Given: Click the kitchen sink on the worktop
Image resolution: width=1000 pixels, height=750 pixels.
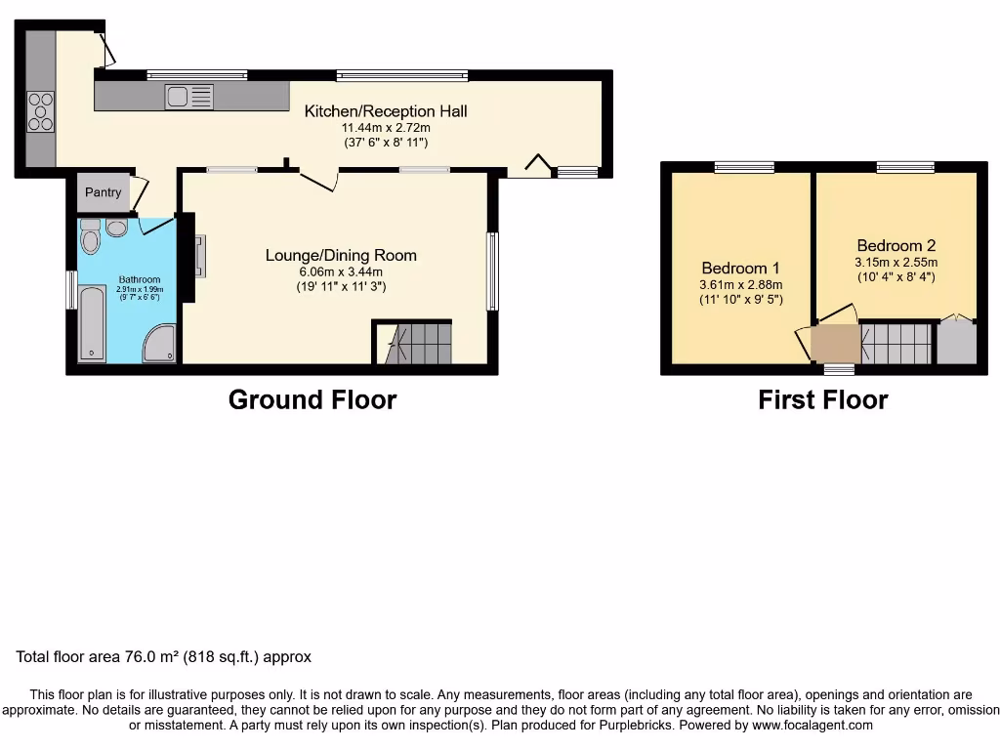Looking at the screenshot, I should [x=189, y=97].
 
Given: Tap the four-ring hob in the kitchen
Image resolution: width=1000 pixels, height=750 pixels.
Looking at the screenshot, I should [x=41, y=110].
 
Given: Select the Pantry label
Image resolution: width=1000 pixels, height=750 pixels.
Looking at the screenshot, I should [x=103, y=192].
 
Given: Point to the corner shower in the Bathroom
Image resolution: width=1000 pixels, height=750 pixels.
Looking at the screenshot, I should [x=161, y=343].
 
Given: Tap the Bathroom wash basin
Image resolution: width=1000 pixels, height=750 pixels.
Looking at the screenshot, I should [x=116, y=228].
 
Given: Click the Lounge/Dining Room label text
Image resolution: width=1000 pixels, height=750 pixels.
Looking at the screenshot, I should [x=341, y=256].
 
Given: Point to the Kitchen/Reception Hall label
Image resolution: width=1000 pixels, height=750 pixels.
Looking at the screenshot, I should [x=385, y=111].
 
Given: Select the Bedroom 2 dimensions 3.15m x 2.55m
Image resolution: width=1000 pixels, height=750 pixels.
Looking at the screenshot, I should [x=896, y=262].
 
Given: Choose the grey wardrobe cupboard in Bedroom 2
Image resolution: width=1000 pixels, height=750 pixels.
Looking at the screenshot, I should [x=956, y=343].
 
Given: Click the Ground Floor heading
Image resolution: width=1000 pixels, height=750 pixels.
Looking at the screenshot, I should [x=312, y=399].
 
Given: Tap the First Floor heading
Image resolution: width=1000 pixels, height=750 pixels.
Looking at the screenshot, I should [x=822, y=399].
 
